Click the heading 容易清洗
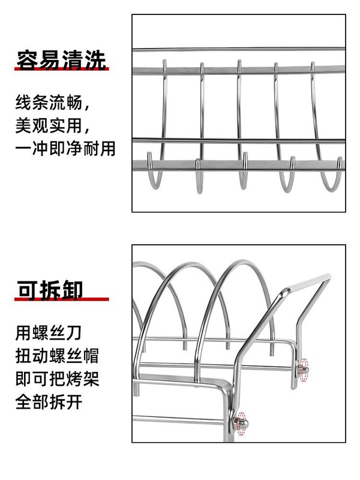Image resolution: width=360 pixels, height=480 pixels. (62, 60)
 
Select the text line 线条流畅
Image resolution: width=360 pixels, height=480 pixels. (53, 103)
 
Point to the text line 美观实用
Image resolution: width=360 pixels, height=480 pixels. (53, 125)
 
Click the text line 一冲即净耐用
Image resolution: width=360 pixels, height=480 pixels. (65, 148)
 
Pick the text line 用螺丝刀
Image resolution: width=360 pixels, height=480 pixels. (49, 332)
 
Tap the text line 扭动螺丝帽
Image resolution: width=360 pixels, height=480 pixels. (57, 355)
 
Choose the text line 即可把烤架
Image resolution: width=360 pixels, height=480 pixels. (57, 379)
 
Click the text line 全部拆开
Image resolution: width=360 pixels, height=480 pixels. (49, 401)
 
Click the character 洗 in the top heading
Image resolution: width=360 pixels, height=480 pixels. (96, 60)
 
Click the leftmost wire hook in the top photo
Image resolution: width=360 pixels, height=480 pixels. (158, 174)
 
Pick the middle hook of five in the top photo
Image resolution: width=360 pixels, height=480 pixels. (243, 174)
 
